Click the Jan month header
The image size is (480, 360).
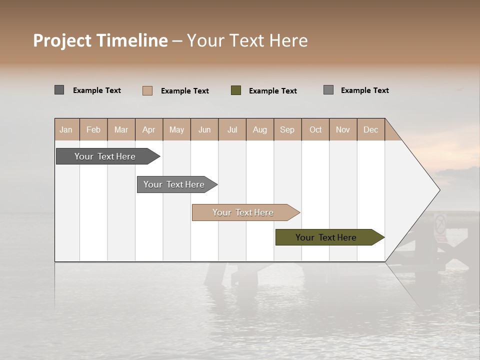(x=66, y=129)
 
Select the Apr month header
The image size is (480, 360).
(x=149, y=129)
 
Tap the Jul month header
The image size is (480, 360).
(x=232, y=129)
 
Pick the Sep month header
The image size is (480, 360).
(x=287, y=129)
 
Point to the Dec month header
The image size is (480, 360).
(x=370, y=129)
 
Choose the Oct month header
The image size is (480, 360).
(x=315, y=129)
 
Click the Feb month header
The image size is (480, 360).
(x=93, y=129)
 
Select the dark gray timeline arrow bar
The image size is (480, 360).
(x=105, y=156)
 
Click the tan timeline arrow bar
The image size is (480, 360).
(x=243, y=212)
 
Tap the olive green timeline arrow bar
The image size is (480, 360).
(x=326, y=237)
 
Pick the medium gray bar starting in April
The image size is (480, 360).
(x=174, y=184)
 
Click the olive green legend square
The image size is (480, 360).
(x=236, y=90)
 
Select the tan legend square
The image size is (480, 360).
(x=147, y=90)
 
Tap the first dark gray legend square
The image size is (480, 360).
(x=59, y=90)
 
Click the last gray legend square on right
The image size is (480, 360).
(x=328, y=90)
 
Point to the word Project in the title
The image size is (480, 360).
(x=63, y=40)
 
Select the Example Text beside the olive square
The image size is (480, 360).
(x=272, y=91)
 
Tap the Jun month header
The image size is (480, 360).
(x=204, y=129)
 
